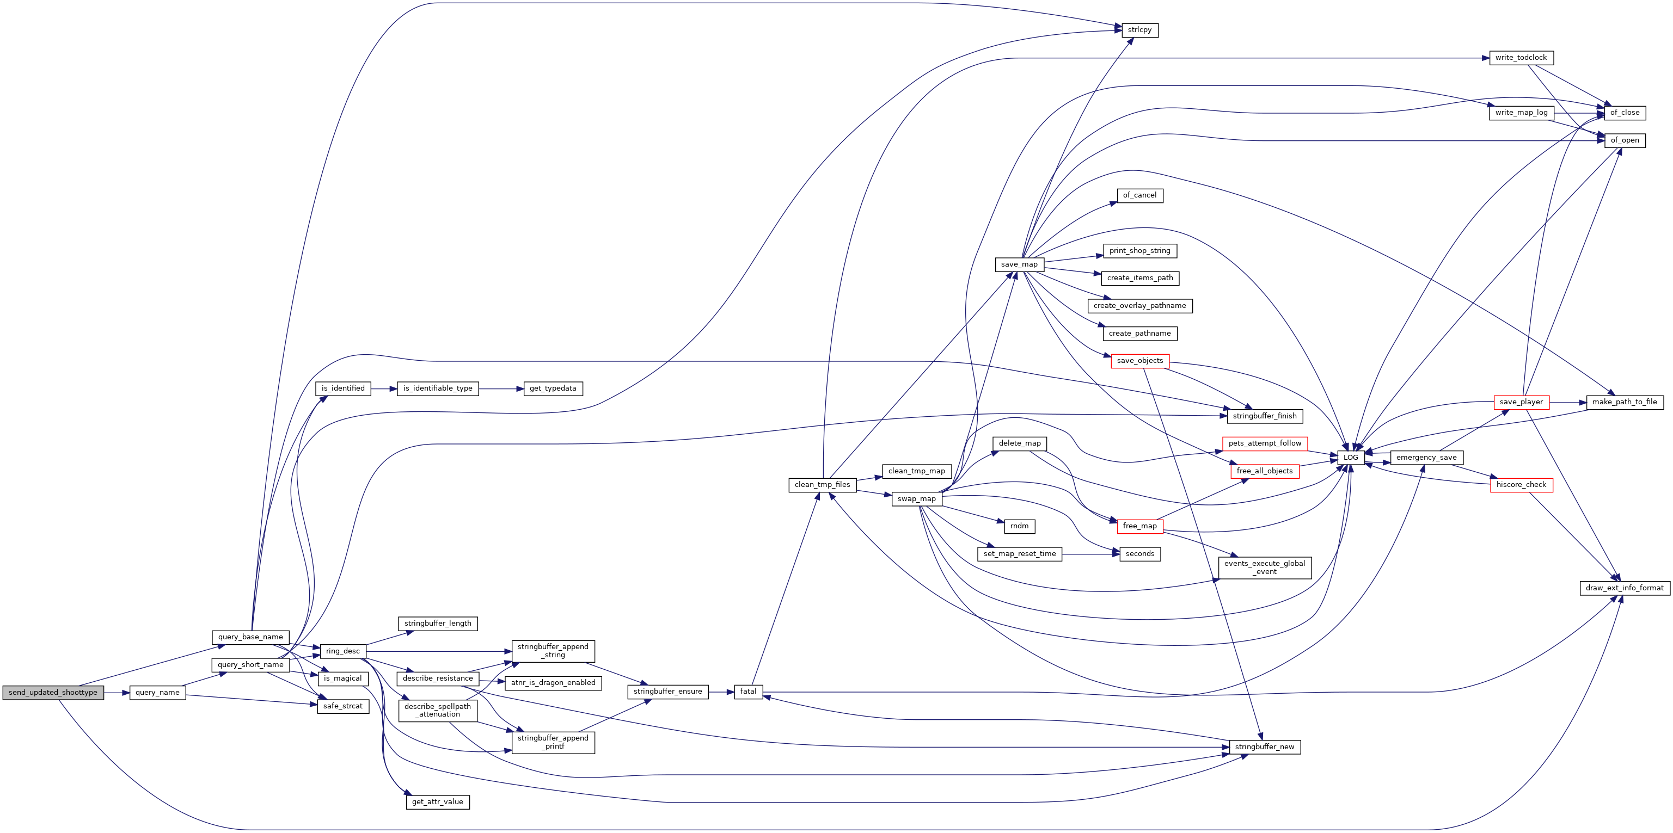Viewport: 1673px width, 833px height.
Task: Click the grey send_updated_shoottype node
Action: pos(53,692)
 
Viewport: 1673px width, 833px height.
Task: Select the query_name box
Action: pos(157,692)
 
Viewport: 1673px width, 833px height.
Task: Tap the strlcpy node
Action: pos(1140,30)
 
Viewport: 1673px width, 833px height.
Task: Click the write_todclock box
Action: pos(1521,58)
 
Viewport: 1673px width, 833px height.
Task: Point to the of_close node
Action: pos(1625,112)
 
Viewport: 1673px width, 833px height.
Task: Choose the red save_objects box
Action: pos(1140,361)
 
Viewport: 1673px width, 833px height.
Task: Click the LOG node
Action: pos(1351,457)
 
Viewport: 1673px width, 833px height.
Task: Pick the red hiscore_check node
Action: pos(1521,485)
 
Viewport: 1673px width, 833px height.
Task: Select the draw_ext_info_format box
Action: pos(1625,588)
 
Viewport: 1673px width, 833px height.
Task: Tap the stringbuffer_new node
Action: pos(1265,746)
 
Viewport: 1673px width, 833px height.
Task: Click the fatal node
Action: pos(748,692)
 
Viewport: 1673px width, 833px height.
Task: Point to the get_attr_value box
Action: pos(437,802)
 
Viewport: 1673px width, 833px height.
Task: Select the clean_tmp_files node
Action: pos(822,485)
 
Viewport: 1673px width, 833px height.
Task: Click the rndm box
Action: pos(1019,526)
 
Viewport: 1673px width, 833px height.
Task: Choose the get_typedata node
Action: pos(553,388)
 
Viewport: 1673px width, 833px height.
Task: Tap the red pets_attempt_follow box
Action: pos(1265,443)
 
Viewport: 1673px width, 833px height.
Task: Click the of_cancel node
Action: pos(1140,195)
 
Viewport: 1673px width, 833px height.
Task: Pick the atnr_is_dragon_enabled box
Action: pos(553,683)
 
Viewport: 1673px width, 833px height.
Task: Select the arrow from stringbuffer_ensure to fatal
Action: pos(721,692)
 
